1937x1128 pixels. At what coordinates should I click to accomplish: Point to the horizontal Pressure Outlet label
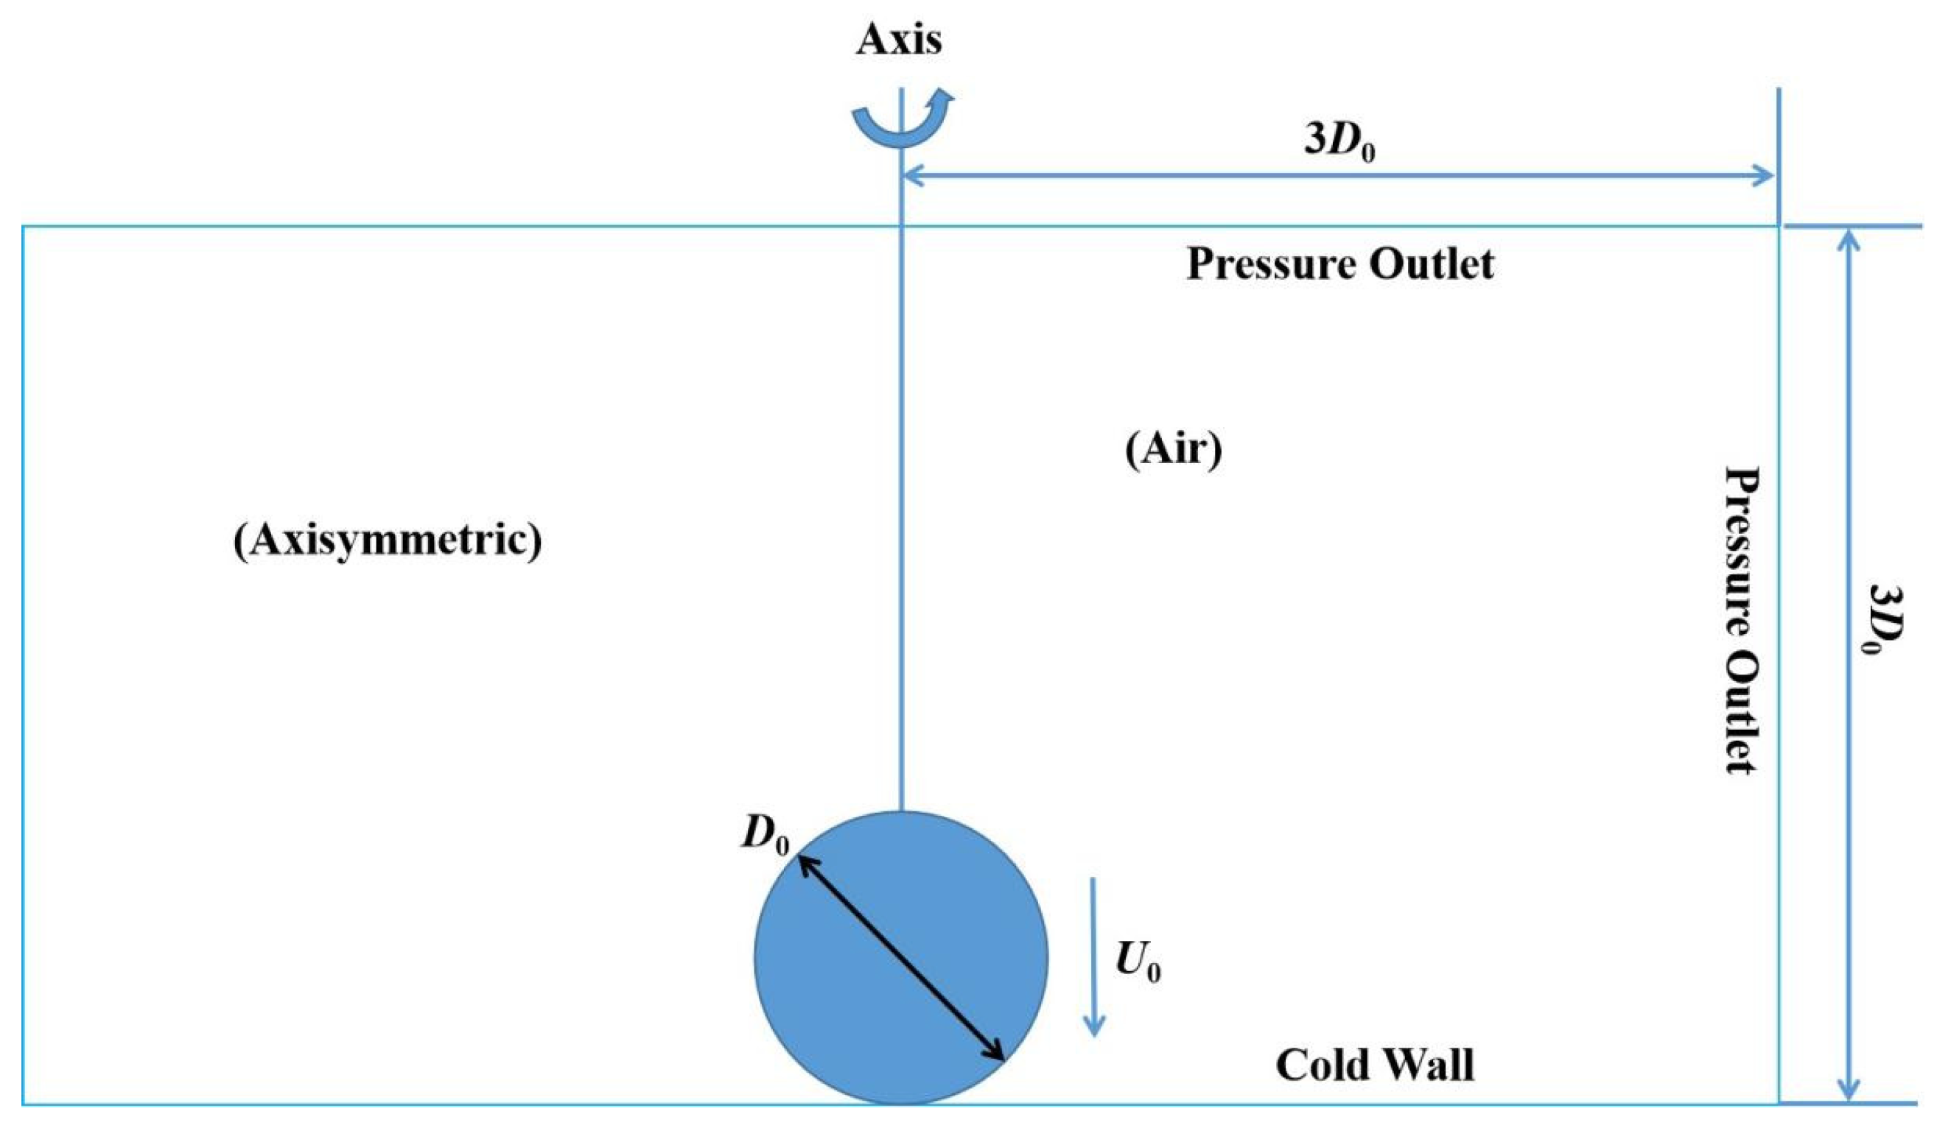tap(1339, 265)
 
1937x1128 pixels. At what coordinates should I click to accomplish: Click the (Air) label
tap(1173, 451)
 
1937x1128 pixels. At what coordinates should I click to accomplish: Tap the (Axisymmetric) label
tap(387, 542)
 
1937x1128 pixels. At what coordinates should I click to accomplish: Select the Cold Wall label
tap(1375, 1065)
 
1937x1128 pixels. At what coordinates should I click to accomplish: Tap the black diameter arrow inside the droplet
tap(901, 958)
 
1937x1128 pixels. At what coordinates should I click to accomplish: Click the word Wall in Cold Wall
tap(1429, 1065)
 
